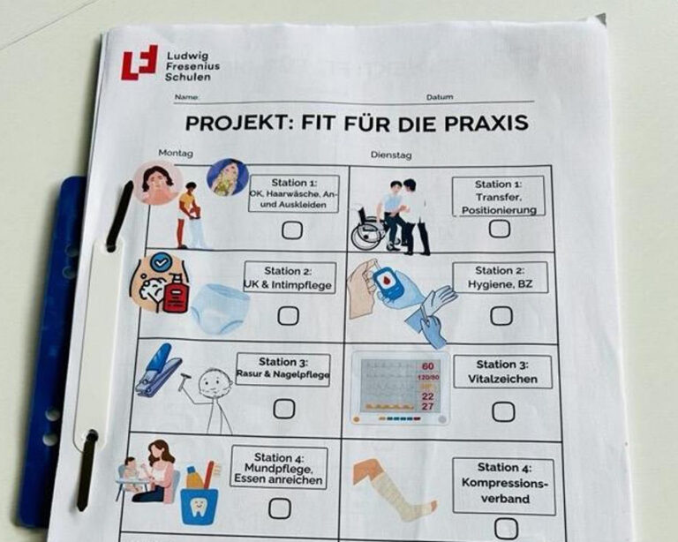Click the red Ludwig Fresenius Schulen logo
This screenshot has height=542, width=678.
coord(139,63)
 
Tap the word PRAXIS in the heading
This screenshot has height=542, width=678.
coord(486,123)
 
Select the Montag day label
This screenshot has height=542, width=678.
coord(176,153)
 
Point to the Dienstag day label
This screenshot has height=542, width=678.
coord(391,154)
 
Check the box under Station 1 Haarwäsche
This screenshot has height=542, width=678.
coord(292,230)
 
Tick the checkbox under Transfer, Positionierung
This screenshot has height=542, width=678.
coord(500,229)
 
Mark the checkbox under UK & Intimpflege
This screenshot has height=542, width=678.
coord(288,316)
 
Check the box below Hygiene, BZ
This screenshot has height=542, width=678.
coord(501,316)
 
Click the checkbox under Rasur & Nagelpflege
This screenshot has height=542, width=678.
coord(284,409)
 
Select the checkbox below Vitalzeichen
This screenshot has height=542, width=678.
coord(503,412)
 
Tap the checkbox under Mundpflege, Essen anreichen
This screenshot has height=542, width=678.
coord(279,508)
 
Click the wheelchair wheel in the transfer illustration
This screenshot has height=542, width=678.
coord(367,237)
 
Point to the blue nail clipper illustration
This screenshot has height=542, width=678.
coord(156,370)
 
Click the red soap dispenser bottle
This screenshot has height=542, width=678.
coord(175,293)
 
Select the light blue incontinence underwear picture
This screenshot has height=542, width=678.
coord(220,309)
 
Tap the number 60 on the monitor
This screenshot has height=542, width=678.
coord(427,366)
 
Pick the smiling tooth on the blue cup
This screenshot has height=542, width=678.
coord(198,506)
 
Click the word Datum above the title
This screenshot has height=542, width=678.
coord(440,97)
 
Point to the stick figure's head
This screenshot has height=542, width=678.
coord(215,381)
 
